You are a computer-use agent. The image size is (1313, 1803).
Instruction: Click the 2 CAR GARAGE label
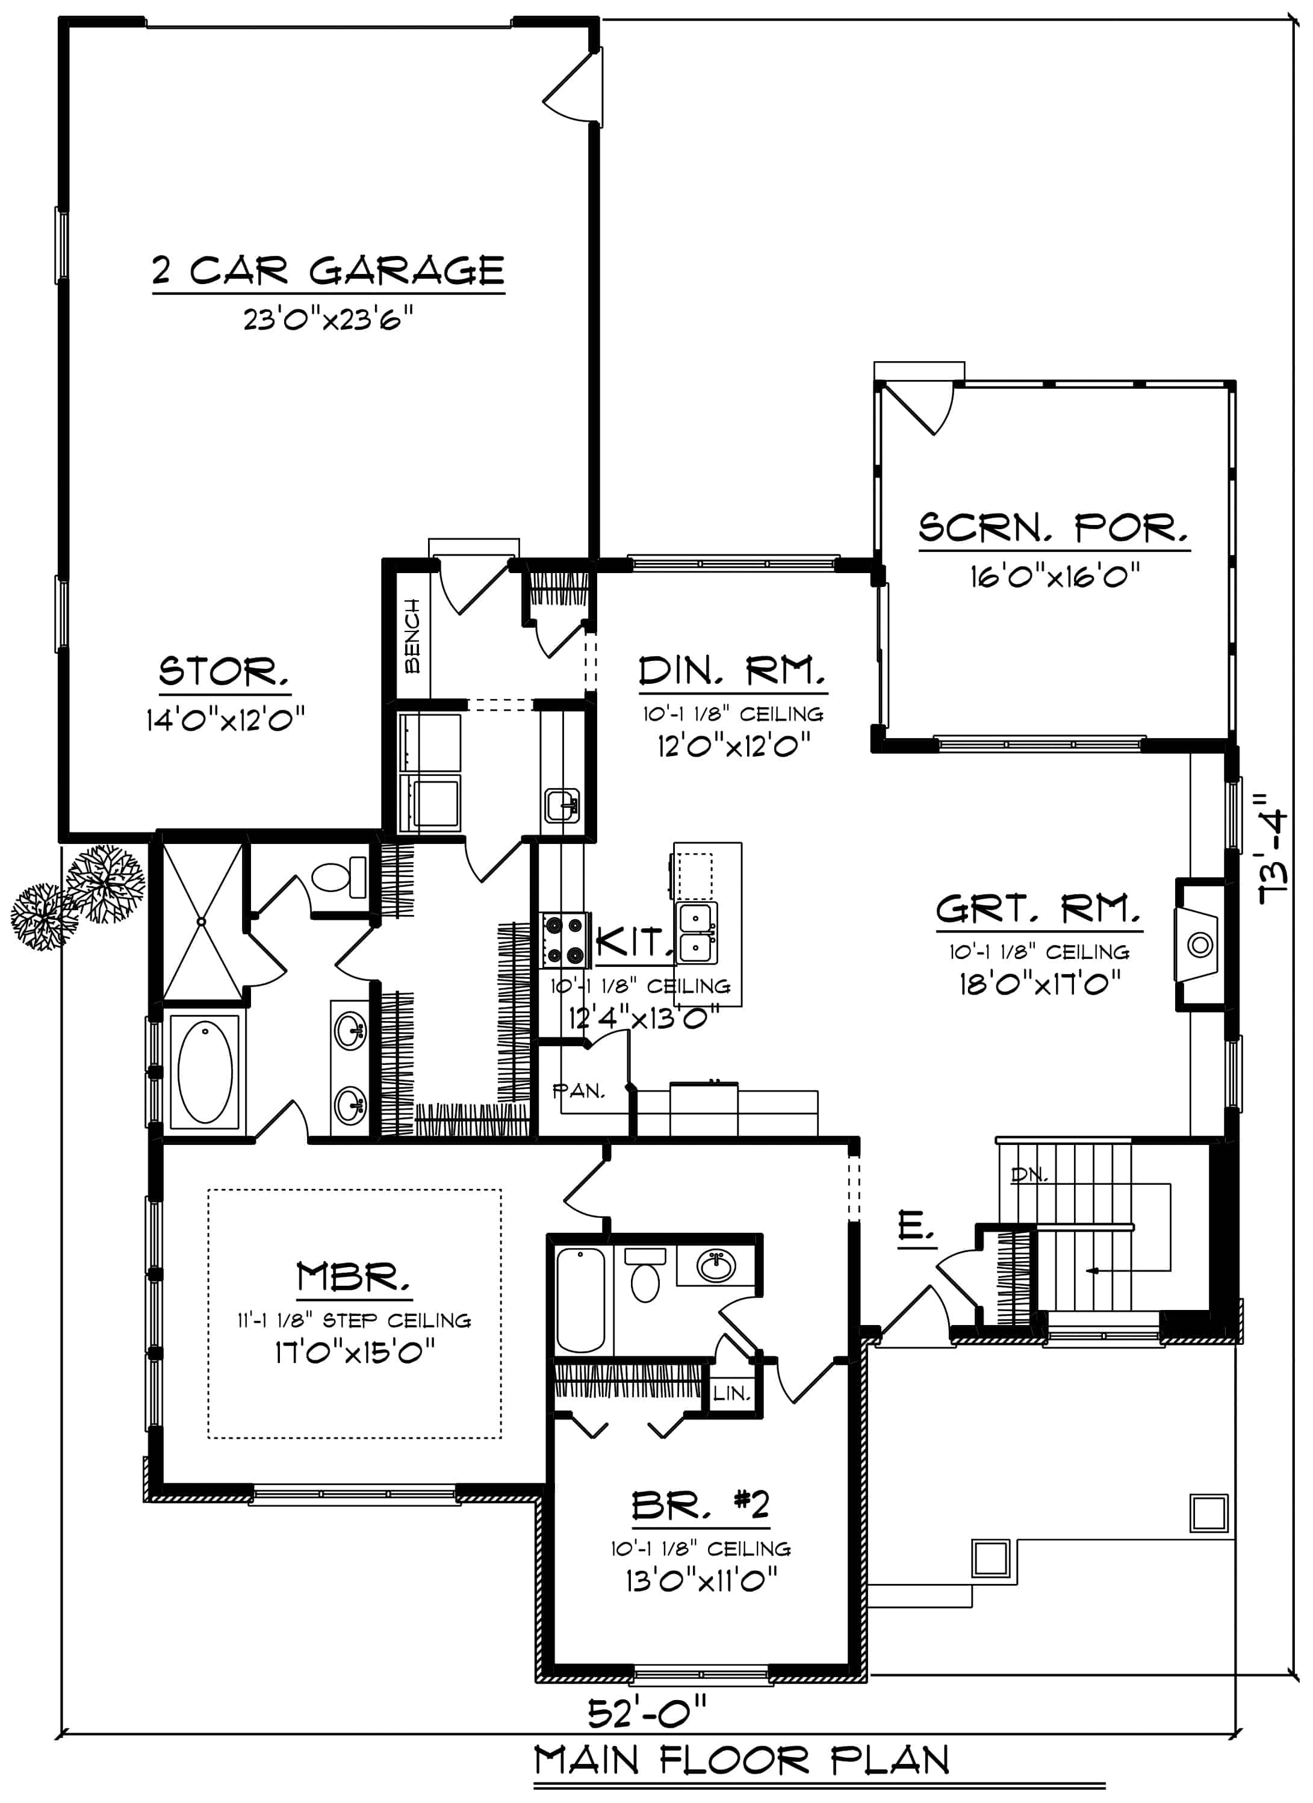[x=328, y=271]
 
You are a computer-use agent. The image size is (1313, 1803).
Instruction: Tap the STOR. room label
[x=223, y=672]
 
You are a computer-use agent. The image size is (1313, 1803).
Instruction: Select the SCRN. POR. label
[x=1054, y=528]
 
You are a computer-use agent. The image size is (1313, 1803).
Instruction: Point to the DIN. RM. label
[x=732, y=672]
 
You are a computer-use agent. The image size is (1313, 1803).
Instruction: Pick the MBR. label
[x=353, y=1278]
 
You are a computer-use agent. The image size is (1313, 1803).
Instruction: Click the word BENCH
[x=412, y=636]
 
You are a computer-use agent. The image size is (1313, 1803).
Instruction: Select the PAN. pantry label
[x=579, y=1091]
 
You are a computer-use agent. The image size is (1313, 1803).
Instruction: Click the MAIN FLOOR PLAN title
[x=742, y=1761]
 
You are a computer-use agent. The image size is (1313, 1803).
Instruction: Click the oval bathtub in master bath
[x=205, y=1072]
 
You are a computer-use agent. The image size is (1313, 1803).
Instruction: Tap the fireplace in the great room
[x=1199, y=945]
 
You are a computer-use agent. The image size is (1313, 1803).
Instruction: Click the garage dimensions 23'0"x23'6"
[x=328, y=320]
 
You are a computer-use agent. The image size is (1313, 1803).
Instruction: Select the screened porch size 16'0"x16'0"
[x=1054, y=576]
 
